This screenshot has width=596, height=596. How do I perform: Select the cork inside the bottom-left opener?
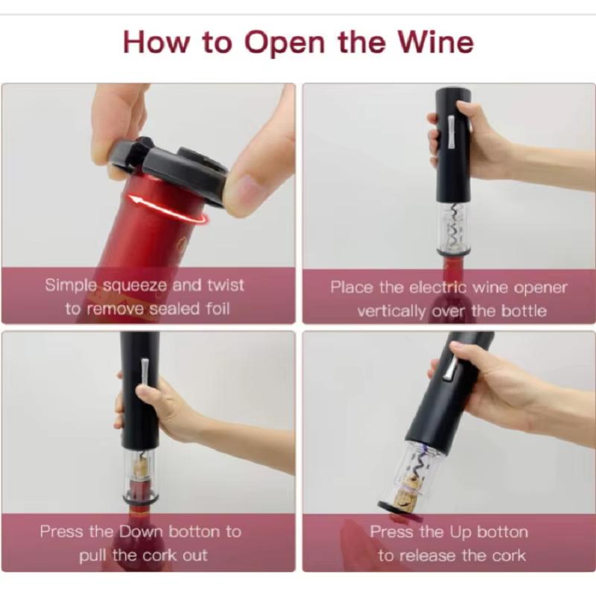pyautogui.click(x=141, y=467)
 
